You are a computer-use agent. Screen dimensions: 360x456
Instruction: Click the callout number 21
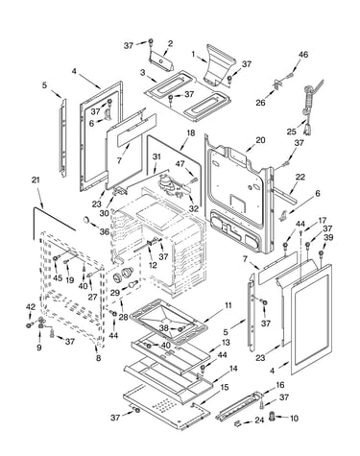[x=36, y=180]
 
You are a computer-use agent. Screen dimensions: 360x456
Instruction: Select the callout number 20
[x=260, y=140]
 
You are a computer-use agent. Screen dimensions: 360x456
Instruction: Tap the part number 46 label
[x=303, y=55]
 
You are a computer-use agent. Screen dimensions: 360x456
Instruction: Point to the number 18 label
[x=191, y=132]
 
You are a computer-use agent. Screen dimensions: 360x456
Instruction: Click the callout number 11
[x=228, y=305]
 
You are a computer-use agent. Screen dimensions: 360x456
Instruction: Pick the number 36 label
[x=105, y=231]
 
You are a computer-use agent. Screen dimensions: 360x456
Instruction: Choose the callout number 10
[x=294, y=419]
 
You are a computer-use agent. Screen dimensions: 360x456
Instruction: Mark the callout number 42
[x=31, y=307]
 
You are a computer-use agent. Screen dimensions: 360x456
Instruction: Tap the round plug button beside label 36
[x=85, y=220]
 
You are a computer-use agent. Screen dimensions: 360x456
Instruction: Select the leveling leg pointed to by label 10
[x=274, y=416]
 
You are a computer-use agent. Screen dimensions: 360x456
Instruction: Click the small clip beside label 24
[x=238, y=423]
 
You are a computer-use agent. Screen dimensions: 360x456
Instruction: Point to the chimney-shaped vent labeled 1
[x=220, y=66]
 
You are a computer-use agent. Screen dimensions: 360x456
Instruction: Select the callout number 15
[x=225, y=387]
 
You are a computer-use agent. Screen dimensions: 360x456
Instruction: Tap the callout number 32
[x=194, y=208]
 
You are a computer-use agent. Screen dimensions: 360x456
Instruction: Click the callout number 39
[x=328, y=237]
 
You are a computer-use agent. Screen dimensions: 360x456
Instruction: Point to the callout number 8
[x=98, y=358]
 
